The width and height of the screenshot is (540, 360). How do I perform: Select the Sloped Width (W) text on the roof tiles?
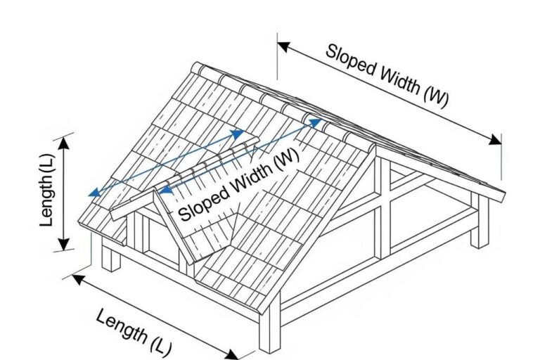pyautogui.click(x=239, y=185)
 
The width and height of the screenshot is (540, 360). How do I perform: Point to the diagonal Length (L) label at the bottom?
pyautogui.click(x=134, y=330)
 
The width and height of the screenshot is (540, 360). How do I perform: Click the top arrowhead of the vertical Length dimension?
pyautogui.click(x=64, y=141)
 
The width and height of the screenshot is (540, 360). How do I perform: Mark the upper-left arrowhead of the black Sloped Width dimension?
pyautogui.click(x=283, y=48)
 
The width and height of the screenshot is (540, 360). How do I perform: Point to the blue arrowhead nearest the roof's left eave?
pyautogui.click(x=92, y=193)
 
